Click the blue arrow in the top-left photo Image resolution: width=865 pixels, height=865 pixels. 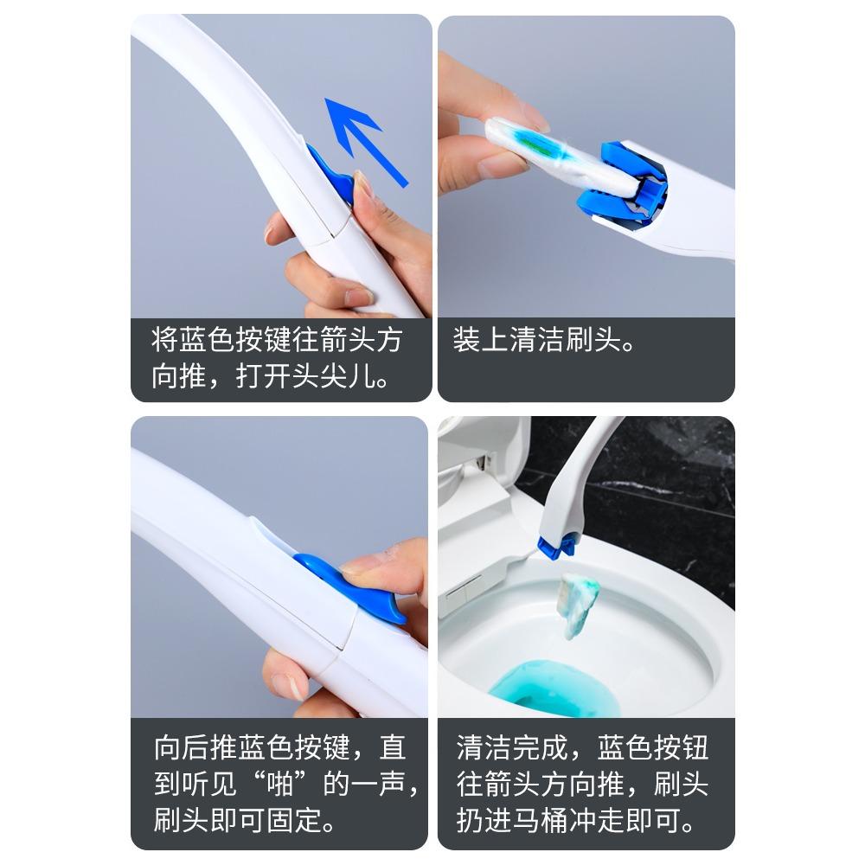(x=363, y=138)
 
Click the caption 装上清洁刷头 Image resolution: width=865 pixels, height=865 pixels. (x=545, y=340)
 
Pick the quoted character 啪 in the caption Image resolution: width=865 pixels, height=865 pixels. (x=285, y=785)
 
